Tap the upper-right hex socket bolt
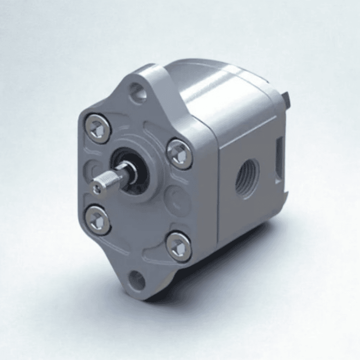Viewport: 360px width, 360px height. point(180,153)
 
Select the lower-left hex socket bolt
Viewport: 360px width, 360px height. point(98,220)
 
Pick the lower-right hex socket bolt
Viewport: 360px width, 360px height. point(179,246)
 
